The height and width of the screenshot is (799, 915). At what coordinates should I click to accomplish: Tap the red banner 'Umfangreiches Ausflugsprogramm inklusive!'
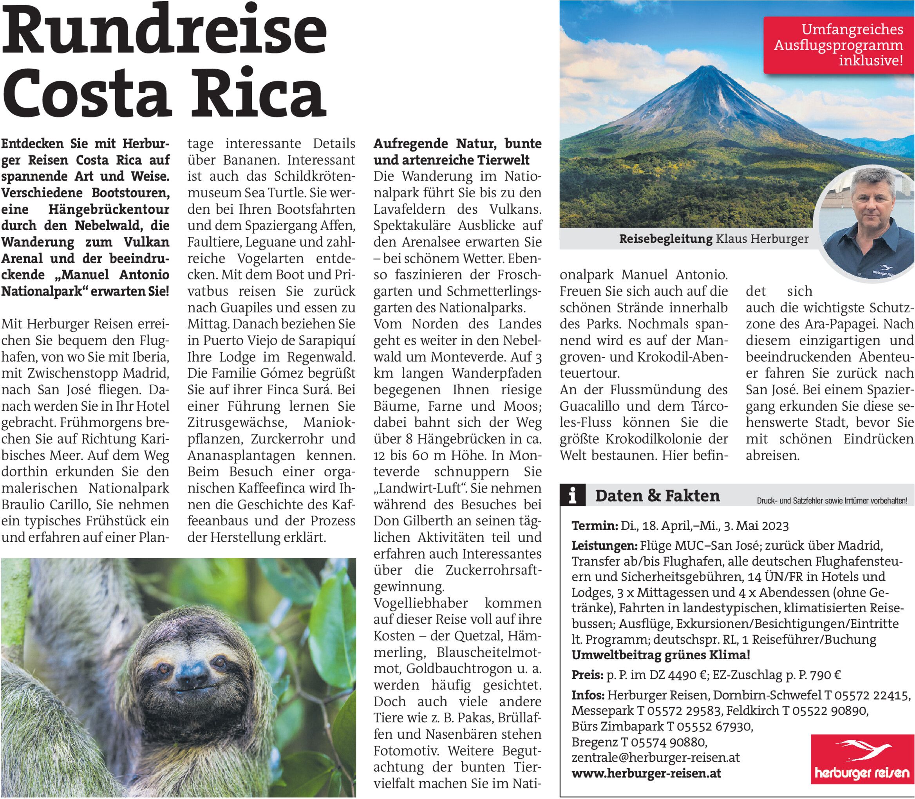(x=838, y=45)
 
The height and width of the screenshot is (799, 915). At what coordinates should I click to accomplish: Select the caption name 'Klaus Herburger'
(x=762, y=239)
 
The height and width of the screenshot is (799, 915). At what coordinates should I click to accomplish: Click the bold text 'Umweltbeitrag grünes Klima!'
(x=661, y=655)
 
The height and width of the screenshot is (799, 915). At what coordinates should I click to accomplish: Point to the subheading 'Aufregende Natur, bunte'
(x=457, y=144)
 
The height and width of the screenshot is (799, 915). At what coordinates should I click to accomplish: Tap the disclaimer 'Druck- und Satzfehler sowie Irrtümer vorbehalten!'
(x=832, y=501)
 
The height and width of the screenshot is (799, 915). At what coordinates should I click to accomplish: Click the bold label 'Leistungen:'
(x=604, y=546)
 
